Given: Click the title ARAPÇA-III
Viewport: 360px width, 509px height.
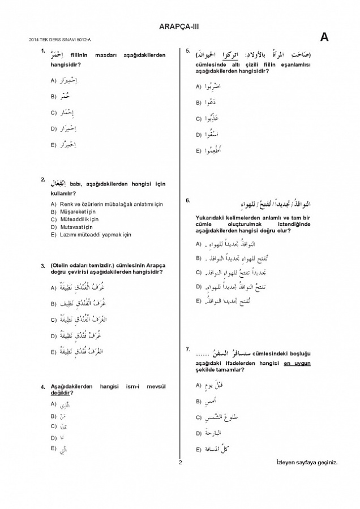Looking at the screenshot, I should click(179, 25).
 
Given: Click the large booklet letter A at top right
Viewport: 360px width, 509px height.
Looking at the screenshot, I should click(324, 37).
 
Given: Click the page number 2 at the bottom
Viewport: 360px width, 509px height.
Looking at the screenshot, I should click(179, 463).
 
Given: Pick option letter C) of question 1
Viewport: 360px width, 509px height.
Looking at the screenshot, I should click(53, 113).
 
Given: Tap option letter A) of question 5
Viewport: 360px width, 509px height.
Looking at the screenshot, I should click(199, 87).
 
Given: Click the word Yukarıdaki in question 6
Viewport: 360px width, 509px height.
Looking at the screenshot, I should click(209, 218).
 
